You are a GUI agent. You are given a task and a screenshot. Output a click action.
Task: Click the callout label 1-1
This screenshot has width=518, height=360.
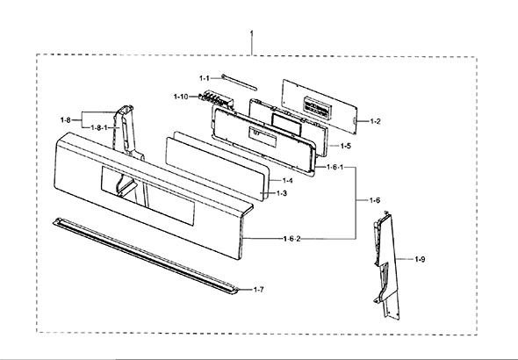point(205,78)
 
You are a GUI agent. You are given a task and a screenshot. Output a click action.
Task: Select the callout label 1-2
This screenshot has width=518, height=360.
point(375,121)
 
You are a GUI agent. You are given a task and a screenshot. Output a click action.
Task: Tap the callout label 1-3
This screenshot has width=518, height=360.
point(282,193)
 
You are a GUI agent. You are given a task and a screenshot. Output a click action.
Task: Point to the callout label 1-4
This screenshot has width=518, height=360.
point(287,181)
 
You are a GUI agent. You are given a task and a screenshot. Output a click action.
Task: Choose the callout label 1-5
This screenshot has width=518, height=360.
point(346,146)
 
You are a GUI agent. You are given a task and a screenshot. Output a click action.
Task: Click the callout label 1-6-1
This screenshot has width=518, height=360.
point(335,167)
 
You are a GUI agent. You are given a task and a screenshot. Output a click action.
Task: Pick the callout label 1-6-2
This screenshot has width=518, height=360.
point(292,239)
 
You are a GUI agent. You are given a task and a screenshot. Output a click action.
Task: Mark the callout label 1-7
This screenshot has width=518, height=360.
point(259,290)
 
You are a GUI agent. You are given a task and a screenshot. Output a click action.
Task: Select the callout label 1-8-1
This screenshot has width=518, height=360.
point(99,128)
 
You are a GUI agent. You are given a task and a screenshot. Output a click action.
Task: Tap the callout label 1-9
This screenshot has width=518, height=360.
point(420,259)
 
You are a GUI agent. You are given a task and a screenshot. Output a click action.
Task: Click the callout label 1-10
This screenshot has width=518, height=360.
point(181,97)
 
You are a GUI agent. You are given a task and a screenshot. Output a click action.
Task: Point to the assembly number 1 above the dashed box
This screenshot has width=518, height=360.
point(252,34)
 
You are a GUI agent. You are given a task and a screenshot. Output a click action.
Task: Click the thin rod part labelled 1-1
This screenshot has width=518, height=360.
point(239,83)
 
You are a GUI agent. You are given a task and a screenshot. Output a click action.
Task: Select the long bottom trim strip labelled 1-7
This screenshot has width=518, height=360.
point(146,256)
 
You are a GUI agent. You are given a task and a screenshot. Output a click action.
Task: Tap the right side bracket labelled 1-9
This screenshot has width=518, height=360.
point(386,266)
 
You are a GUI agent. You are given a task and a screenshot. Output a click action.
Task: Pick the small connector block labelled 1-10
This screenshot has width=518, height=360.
point(216,98)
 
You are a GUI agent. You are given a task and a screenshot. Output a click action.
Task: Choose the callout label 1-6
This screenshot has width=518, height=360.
point(375,200)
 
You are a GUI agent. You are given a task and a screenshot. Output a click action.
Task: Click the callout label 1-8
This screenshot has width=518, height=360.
point(66,120)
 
